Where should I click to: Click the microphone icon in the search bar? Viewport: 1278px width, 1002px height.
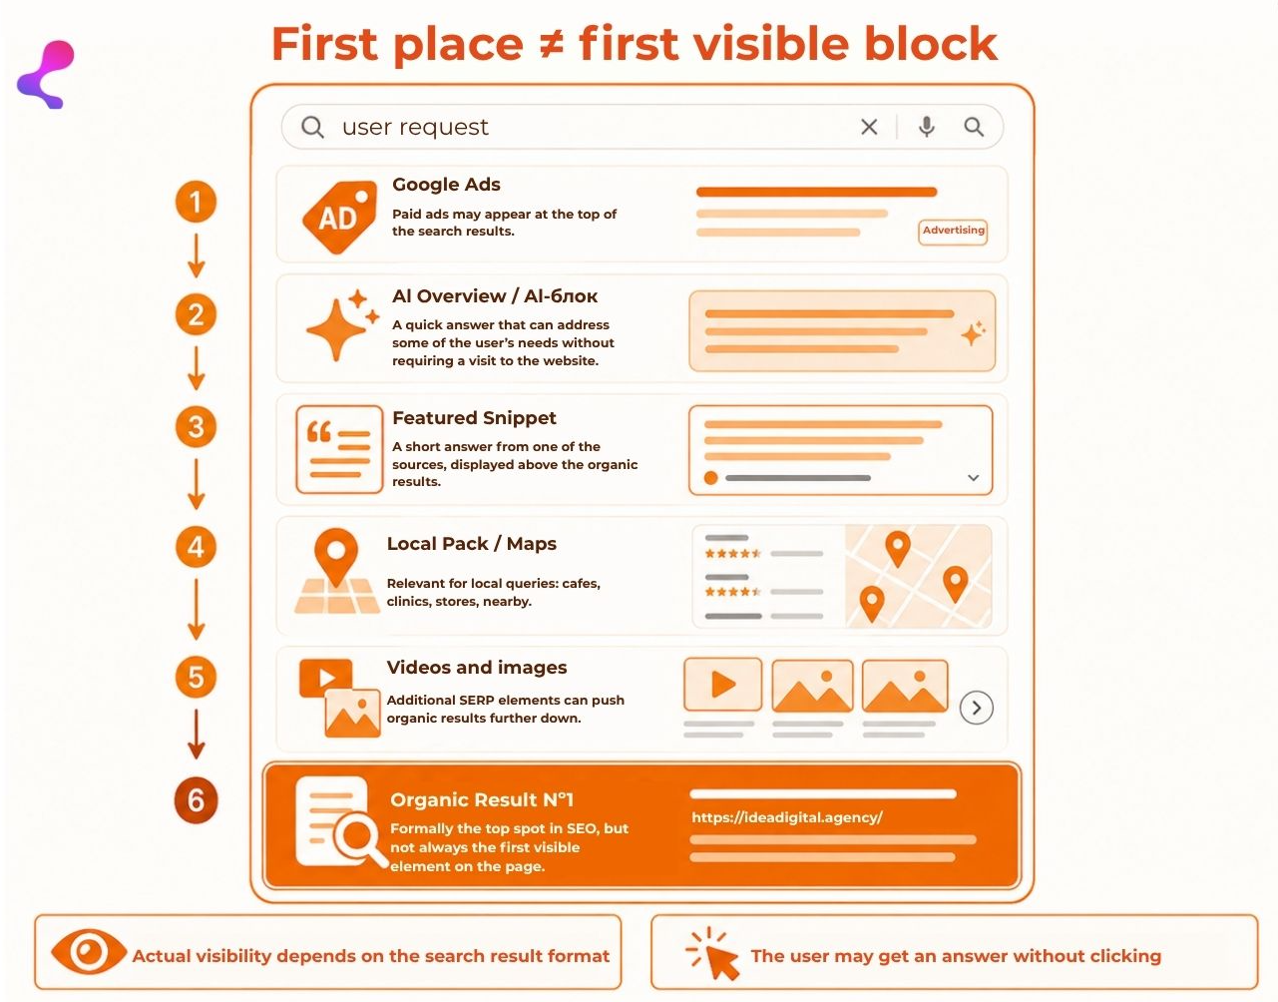point(926,127)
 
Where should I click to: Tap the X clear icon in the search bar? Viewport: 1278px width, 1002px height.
point(869,127)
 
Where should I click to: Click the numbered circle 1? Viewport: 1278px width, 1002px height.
point(196,202)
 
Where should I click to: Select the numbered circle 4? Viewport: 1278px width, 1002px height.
point(196,547)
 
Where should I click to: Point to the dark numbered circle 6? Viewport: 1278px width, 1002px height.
point(196,800)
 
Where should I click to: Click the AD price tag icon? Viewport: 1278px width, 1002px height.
point(340,218)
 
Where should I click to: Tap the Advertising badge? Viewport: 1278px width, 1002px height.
point(953,232)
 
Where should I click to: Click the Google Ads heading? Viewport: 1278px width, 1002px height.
point(446,185)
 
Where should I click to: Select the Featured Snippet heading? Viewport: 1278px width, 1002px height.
point(474,418)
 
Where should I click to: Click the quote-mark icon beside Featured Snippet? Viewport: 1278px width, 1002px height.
point(339,449)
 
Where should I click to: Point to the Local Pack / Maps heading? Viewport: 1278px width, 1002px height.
point(472,543)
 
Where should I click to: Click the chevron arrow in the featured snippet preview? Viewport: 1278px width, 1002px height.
point(974,478)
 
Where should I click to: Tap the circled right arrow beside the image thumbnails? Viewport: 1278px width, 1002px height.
point(977,708)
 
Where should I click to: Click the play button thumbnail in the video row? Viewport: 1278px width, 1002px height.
point(723,685)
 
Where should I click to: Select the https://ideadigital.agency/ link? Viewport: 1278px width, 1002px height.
point(787,817)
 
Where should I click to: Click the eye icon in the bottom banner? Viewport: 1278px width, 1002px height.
point(89,951)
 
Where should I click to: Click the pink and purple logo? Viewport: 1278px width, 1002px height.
point(46,75)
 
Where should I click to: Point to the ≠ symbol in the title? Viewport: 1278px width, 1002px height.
point(551,45)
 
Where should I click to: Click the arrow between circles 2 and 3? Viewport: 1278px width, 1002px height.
point(196,368)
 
